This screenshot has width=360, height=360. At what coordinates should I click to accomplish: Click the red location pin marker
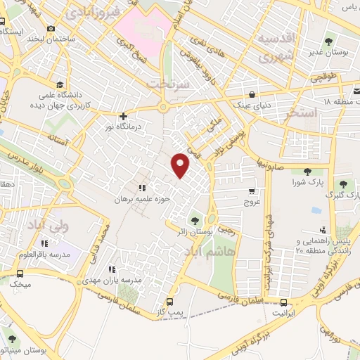coord(181,165)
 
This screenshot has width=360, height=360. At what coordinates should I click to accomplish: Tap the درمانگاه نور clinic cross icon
coord(124,116)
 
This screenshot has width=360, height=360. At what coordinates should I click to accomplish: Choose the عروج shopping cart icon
coord(252,191)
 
